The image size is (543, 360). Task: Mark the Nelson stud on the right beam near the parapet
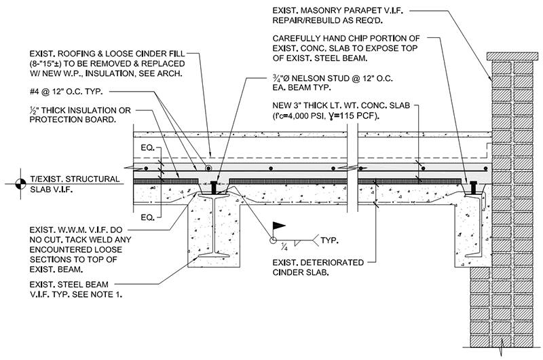coord(472,185)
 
